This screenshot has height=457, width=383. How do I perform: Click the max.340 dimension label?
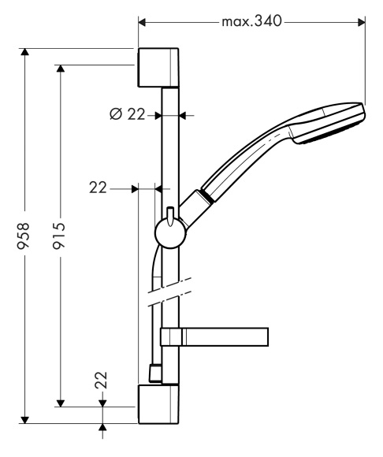[252, 21]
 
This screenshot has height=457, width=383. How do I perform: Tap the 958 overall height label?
[23, 236]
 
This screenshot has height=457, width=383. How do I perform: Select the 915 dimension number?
[58, 236]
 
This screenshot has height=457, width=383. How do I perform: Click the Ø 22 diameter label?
[127, 114]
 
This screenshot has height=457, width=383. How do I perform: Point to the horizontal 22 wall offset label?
[98, 188]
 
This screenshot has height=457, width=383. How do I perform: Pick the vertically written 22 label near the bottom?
[101, 380]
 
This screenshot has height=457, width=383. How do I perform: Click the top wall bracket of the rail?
[158, 68]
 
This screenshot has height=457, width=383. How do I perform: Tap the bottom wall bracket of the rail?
[158, 404]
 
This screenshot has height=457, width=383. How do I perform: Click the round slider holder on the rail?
[170, 233]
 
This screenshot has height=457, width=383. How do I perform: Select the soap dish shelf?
[214, 337]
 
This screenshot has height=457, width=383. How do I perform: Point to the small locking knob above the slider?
[170, 216]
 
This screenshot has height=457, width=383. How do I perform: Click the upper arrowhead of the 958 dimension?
[25, 51]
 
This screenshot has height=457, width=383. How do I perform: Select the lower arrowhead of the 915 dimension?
[61, 403]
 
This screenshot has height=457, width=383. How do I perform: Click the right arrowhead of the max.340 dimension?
[362, 22]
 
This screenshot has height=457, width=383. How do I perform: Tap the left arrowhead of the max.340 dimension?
[142, 22]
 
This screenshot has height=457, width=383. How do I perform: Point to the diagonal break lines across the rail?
[169, 292]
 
